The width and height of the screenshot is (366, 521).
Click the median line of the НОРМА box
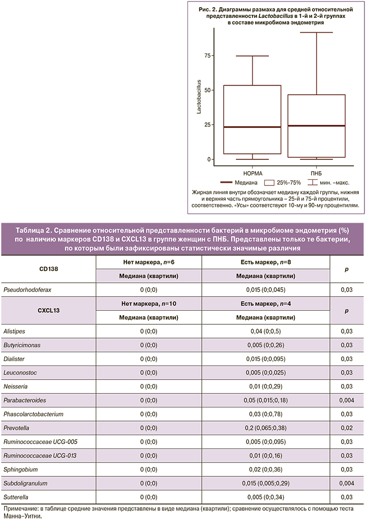[252, 127]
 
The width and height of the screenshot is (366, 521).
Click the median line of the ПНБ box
[316, 125]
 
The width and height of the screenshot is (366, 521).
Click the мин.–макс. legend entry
[331, 182]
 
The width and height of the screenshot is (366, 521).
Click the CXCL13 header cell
[49, 310]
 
